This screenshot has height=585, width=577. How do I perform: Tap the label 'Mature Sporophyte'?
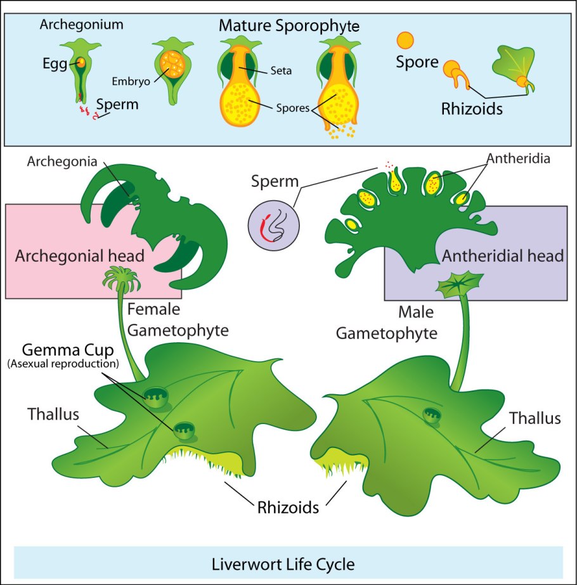click(x=289, y=26)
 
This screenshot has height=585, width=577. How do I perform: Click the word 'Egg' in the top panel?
click(x=55, y=63)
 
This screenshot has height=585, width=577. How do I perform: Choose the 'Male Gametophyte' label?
click(x=387, y=323)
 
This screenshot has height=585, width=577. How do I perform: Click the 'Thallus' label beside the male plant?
click(x=536, y=418)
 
